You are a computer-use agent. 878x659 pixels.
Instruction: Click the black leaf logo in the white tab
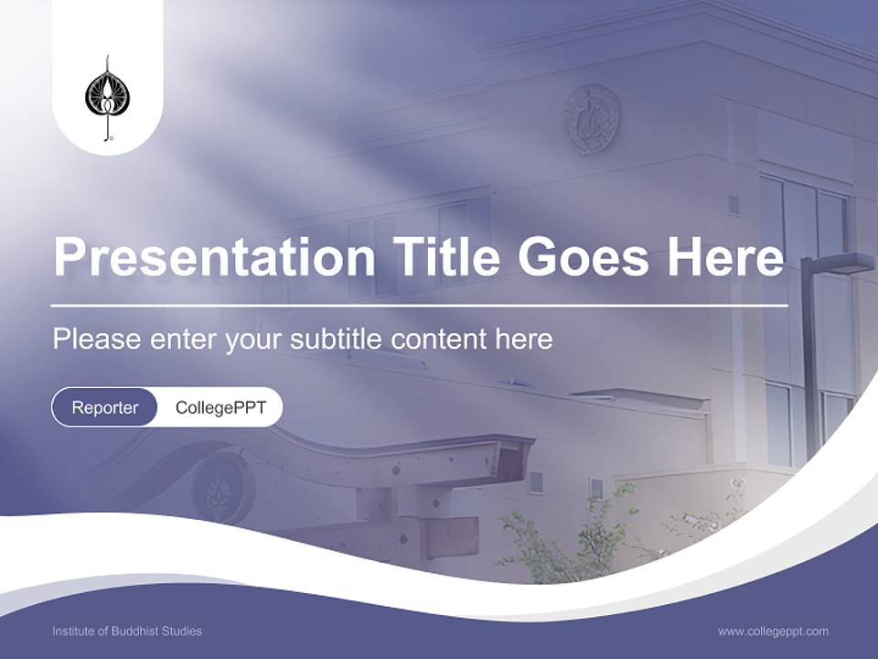[x=107, y=98]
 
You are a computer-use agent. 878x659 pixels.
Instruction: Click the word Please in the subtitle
[x=94, y=340]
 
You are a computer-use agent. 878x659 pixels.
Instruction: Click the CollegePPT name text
[x=220, y=407]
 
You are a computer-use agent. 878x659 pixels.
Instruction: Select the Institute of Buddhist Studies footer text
[x=127, y=632]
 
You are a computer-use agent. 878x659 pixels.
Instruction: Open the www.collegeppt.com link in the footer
[x=773, y=632]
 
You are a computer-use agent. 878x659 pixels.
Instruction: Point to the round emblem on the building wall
[x=591, y=119]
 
